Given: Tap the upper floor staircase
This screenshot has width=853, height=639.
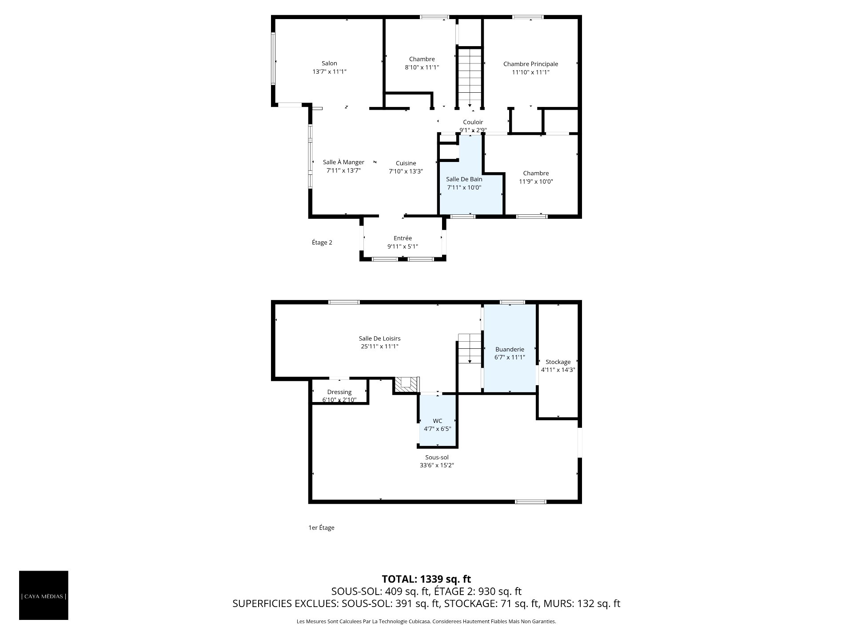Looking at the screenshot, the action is pos(470,77).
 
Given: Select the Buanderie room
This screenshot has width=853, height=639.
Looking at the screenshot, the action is pos(510,348).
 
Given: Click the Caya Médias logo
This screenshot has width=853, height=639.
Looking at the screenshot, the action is pos(44,595).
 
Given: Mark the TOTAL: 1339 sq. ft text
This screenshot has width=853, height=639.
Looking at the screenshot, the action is pos(426,579).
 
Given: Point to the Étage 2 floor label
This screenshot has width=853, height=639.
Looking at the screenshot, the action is pos(322,242).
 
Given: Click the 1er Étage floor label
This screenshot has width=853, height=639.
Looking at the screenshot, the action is pos(321,528).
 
